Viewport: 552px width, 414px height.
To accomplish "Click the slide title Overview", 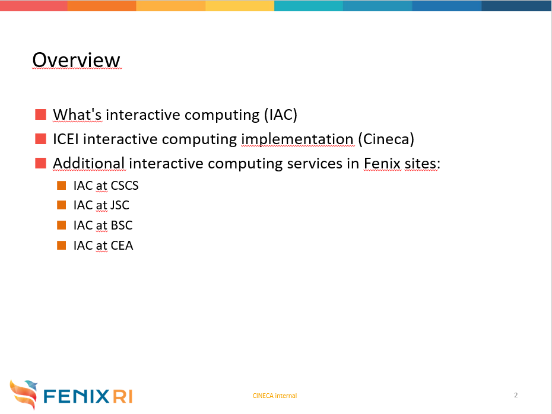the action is pos(77,60).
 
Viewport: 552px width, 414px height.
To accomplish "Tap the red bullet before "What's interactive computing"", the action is pos(40,114).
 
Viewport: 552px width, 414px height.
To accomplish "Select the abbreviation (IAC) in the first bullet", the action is pos(281,114).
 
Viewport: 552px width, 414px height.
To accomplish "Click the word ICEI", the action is pos(65,139).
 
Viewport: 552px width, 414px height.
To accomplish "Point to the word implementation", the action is pos(297,139).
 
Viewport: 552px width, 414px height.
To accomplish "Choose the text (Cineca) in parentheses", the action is pos(386,139).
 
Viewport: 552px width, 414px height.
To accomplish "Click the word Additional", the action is pos(88,163).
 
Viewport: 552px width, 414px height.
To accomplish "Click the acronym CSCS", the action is pos(125,186).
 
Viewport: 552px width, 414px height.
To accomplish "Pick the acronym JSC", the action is pos(120,205).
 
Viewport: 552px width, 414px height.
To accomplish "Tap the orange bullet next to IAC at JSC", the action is pos(62,205).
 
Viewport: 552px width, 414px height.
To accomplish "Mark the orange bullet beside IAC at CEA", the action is pos(62,245).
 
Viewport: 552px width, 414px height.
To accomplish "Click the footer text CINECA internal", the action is pos(275,396).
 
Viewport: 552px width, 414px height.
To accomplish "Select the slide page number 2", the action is pos(516,395).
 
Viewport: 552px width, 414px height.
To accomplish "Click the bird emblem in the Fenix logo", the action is pos(24,394).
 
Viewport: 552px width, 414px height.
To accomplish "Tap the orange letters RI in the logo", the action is pos(123,396).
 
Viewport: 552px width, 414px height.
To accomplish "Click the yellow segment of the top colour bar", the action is pos(240,5).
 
